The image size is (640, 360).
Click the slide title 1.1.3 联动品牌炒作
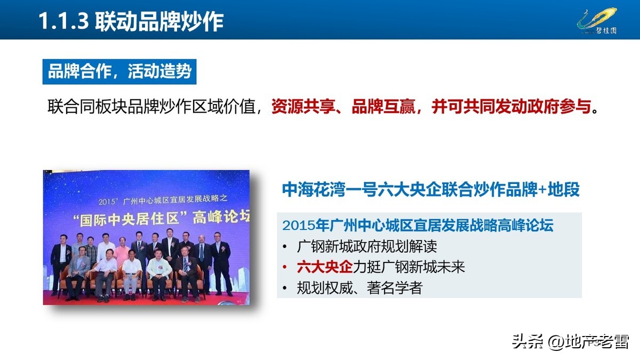(130, 21)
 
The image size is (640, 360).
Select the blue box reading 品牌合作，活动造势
(119, 71)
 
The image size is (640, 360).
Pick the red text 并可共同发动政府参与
(511, 106)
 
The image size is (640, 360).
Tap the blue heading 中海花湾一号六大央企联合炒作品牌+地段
(430, 190)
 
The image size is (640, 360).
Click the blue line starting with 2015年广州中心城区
(418, 225)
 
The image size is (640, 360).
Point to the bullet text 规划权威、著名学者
(359, 287)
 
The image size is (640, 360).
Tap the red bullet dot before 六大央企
(285, 267)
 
